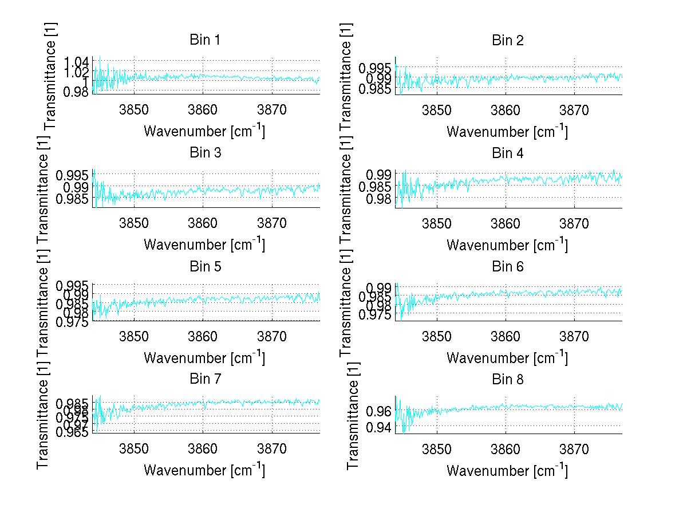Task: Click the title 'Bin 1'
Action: (x=204, y=40)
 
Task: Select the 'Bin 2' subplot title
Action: (x=507, y=40)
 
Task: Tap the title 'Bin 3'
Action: (x=204, y=153)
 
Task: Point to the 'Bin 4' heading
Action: (x=507, y=153)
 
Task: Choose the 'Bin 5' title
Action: (x=204, y=266)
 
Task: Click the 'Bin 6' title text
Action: (x=507, y=266)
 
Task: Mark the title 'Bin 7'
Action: (x=204, y=379)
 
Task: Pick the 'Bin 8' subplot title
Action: (x=507, y=379)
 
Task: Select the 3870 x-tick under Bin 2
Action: (x=574, y=110)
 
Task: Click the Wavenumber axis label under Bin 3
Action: (x=204, y=244)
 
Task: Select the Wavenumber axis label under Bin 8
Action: (x=507, y=470)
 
